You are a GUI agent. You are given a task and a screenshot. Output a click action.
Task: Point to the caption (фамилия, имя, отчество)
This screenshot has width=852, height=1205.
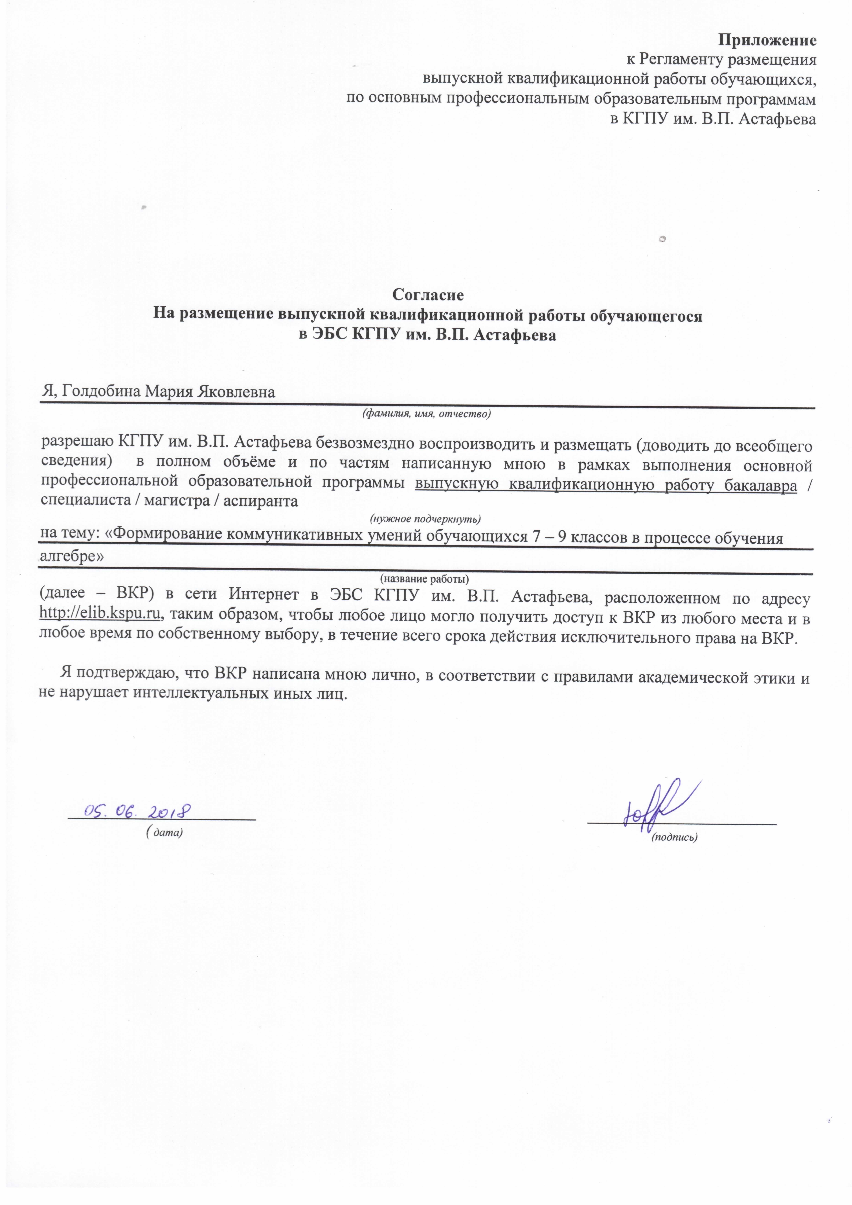426,414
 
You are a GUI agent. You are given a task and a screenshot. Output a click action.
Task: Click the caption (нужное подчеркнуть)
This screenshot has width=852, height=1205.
425,519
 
